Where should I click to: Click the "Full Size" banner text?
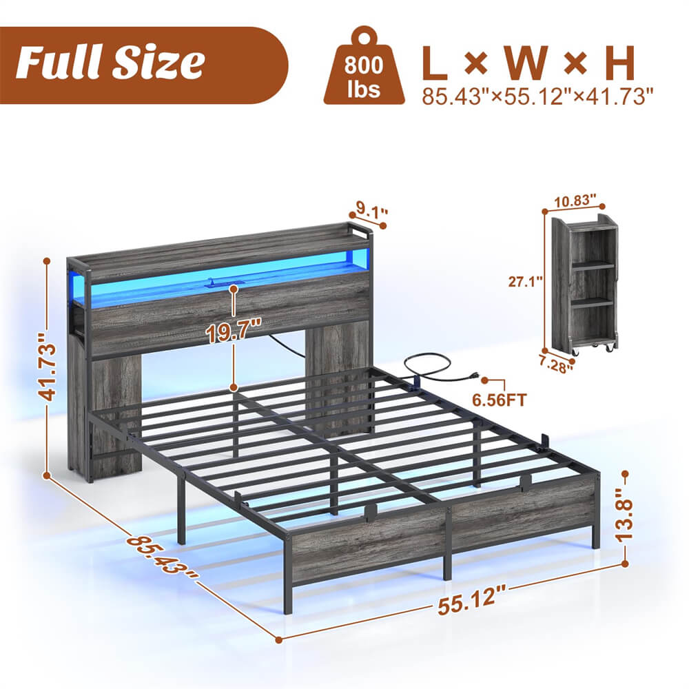point(110,63)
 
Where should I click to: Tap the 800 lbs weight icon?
point(364,67)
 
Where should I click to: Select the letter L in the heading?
point(436,64)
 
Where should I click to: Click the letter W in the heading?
point(527,64)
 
